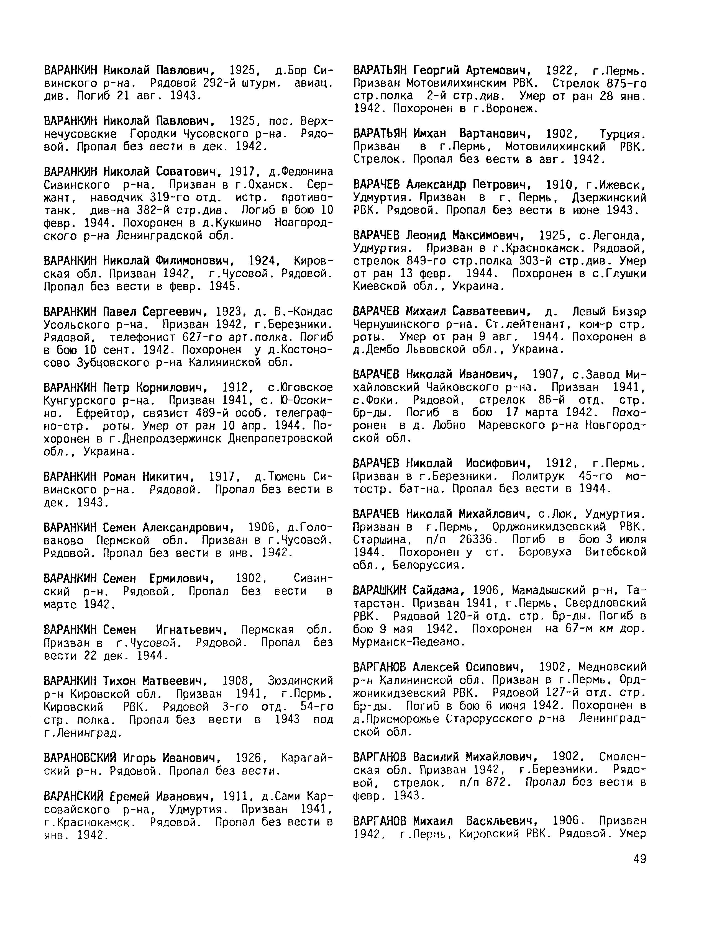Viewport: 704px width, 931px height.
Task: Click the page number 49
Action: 639,859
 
